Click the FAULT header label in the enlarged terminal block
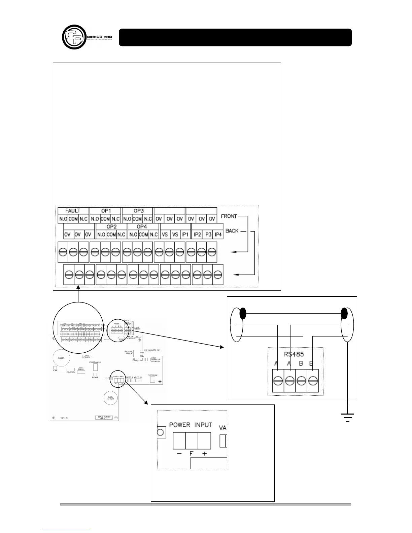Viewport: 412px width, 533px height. click(73, 211)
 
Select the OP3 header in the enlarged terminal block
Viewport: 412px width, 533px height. click(138, 211)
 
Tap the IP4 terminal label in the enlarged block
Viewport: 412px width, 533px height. click(218, 234)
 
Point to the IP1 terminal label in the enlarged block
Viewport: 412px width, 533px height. click(185, 234)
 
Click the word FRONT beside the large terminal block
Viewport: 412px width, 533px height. click(229, 216)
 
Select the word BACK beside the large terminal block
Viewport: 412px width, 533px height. click(232, 231)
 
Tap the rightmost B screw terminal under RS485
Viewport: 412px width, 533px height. click(313, 381)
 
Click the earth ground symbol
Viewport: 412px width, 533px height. click(347, 417)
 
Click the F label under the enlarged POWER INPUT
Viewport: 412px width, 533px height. click(191, 453)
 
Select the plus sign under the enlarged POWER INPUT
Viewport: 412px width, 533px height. click(204, 453)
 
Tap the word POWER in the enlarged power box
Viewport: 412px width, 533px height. click(180, 425)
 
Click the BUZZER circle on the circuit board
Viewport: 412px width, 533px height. click(61, 358)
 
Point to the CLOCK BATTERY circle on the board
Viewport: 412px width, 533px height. click(111, 399)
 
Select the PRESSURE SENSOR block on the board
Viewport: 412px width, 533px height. click(137, 354)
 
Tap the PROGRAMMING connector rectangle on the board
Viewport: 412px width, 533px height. click(96, 367)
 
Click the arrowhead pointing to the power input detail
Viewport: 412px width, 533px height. click(146, 402)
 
